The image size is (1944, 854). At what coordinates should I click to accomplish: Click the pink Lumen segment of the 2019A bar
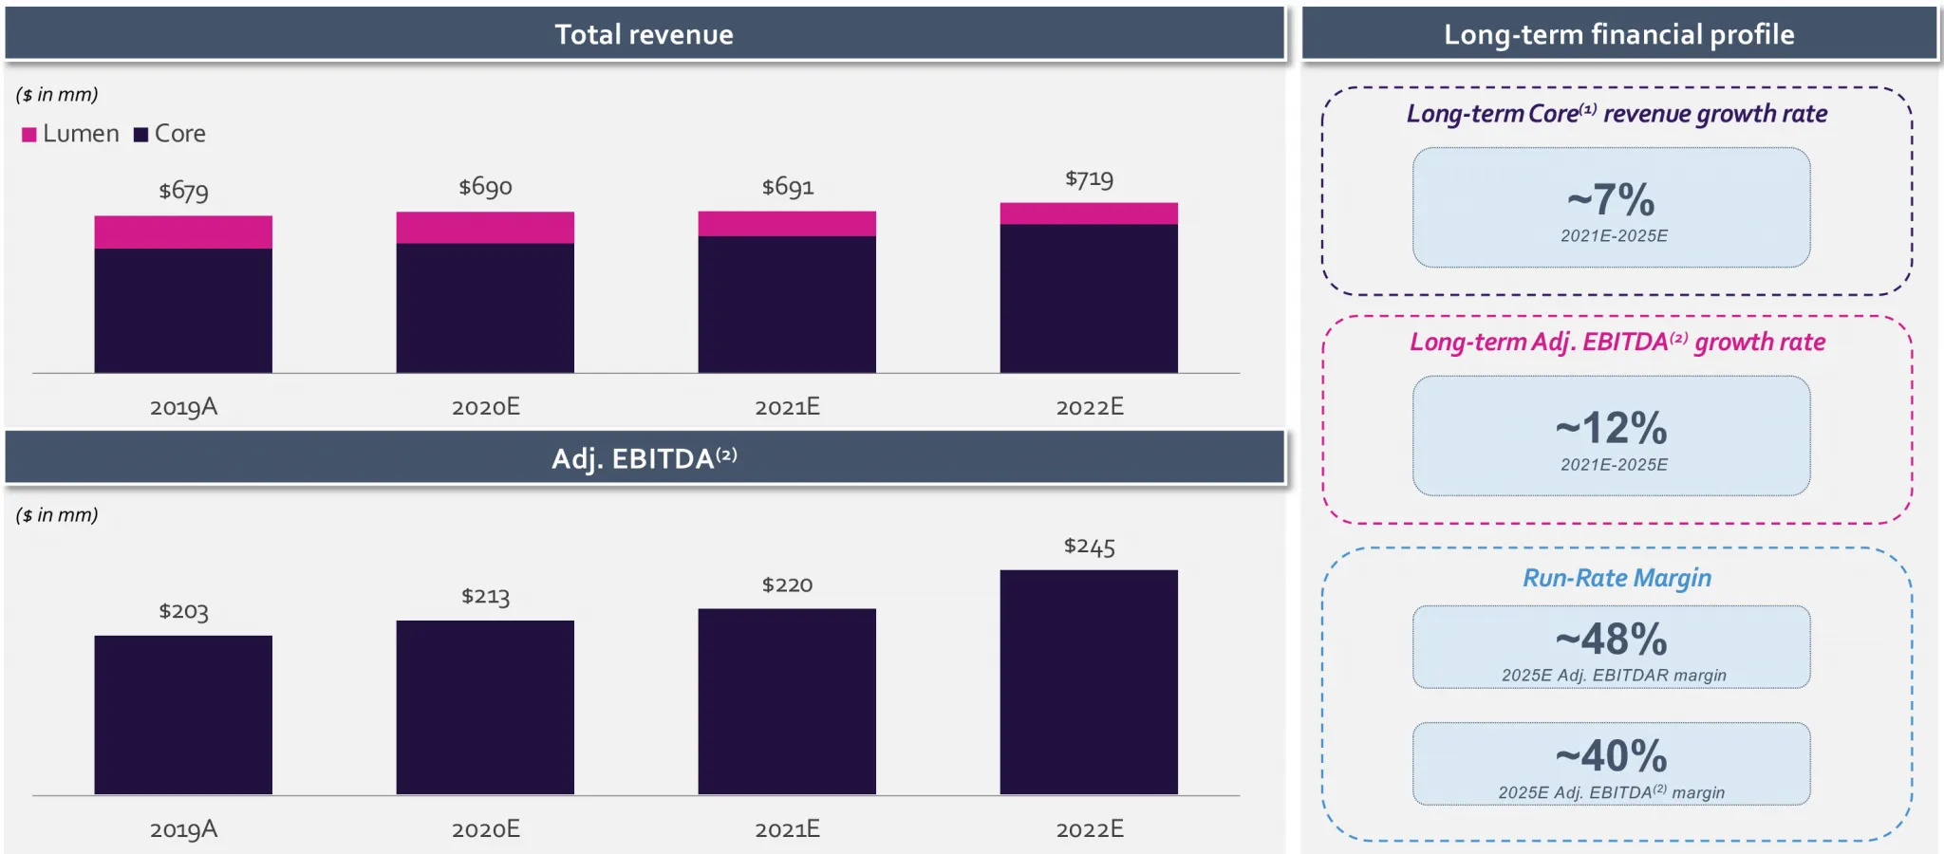pyautogui.click(x=183, y=232)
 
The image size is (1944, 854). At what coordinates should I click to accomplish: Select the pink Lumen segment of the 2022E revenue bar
pyautogui.click(x=1089, y=213)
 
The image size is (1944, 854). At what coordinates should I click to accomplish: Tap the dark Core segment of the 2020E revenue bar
pyautogui.click(x=485, y=307)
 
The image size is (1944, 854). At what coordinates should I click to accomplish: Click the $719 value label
pyautogui.click(x=1089, y=179)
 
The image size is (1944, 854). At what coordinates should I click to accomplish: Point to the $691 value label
pyautogui.click(x=787, y=187)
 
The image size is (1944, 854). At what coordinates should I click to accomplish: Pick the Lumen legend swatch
pyautogui.click(x=29, y=135)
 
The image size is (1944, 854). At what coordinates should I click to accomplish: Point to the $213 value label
pyautogui.click(x=485, y=597)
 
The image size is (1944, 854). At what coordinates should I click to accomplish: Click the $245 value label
pyautogui.click(x=1089, y=547)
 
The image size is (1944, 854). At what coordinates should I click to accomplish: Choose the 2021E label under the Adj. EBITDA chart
pyautogui.click(x=787, y=829)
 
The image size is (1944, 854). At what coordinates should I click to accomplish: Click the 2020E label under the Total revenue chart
pyautogui.click(x=485, y=407)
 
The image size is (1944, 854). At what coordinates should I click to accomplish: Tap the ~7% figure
pyautogui.click(x=1611, y=200)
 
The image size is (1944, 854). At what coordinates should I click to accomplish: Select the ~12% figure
pyautogui.click(x=1611, y=429)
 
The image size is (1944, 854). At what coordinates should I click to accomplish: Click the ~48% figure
pyautogui.click(x=1611, y=640)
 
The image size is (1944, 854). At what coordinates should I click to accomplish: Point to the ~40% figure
pyautogui.click(x=1611, y=756)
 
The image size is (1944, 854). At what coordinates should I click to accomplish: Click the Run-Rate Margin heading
pyautogui.click(x=1617, y=578)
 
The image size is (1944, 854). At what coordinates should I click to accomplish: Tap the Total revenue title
pyautogui.click(x=644, y=35)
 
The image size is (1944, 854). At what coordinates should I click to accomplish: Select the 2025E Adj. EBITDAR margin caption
pyautogui.click(x=1613, y=676)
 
